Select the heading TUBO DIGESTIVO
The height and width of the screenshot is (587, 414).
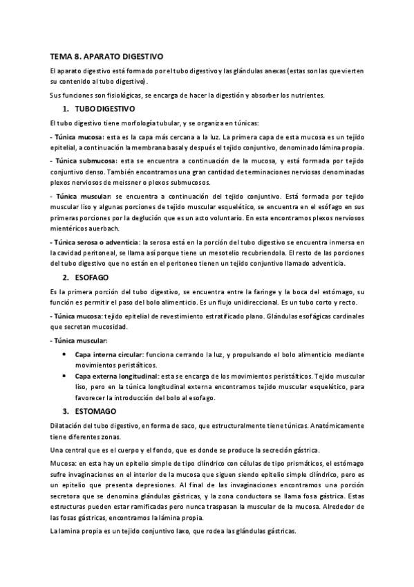pos(105,110)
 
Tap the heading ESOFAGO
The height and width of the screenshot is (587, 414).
pos(91,277)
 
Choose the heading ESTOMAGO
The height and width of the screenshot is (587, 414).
pos(93,411)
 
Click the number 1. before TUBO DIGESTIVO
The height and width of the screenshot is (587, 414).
pos(66,110)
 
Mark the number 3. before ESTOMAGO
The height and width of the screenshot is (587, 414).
pos(66,411)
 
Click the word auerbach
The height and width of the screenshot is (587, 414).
pos(104,228)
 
